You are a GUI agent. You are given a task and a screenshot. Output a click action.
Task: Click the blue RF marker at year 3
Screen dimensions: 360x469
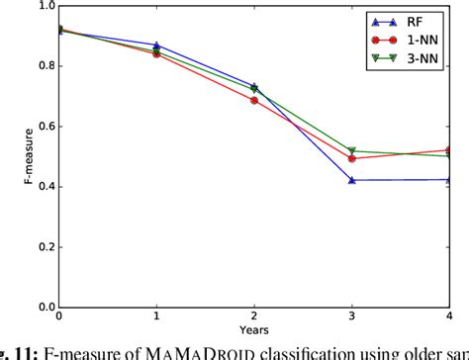(352, 180)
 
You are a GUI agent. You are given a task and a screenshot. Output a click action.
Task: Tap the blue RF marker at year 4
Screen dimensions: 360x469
(450, 179)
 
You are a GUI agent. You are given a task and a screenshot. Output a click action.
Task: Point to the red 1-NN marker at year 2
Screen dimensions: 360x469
(254, 100)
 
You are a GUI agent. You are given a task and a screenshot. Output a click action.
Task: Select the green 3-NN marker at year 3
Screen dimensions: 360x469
(352, 151)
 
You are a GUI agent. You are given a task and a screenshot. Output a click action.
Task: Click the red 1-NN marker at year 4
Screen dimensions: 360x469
(450, 150)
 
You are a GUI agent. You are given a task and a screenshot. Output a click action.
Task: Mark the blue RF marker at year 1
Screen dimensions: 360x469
(157, 45)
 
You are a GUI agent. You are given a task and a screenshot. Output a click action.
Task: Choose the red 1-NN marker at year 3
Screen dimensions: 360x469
(352, 158)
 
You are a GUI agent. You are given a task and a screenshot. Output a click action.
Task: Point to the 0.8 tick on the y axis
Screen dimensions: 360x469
(43, 66)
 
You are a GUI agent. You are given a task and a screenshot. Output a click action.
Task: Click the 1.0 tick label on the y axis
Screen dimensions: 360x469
(43, 7)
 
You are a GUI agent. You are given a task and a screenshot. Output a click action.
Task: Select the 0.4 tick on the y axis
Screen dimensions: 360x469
(43, 187)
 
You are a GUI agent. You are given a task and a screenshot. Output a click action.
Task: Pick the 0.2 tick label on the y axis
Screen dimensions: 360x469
(43, 247)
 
